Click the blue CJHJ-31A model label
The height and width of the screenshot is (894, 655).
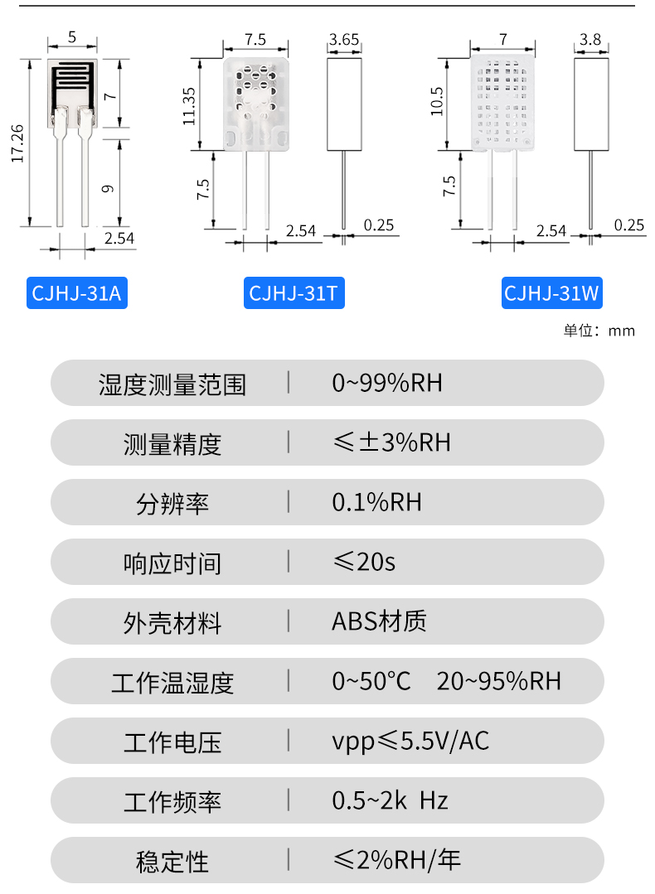(x=76, y=293)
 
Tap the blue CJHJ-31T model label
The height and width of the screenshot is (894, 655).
(x=294, y=293)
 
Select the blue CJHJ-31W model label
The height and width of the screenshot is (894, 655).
(x=552, y=293)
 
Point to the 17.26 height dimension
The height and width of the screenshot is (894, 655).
(x=17, y=143)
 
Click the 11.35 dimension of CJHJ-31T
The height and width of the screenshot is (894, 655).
(x=189, y=105)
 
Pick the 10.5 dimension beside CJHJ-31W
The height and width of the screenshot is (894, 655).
(x=437, y=103)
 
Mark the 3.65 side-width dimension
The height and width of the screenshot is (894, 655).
(x=344, y=39)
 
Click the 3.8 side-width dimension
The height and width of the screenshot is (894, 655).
(x=590, y=39)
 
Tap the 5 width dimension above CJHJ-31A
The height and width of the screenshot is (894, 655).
(x=72, y=37)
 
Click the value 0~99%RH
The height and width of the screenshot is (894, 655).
(x=387, y=383)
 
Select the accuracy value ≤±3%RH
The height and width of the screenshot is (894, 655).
(x=391, y=442)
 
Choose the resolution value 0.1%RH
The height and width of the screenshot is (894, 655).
(x=377, y=502)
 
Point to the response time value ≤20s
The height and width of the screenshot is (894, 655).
(x=364, y=562)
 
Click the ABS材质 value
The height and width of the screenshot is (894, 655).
(x=379, y=621)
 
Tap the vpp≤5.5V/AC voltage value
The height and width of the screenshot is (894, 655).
(x=410, y=741)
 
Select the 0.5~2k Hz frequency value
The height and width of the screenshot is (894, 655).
(x=390, y=800)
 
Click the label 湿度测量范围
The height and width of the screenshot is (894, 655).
(x=172, y=384)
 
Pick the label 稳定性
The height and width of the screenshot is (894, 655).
(x=172, y=861)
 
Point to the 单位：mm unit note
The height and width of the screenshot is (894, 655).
(x=599, y=331)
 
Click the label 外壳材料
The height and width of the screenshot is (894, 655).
(x=172, y=622)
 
